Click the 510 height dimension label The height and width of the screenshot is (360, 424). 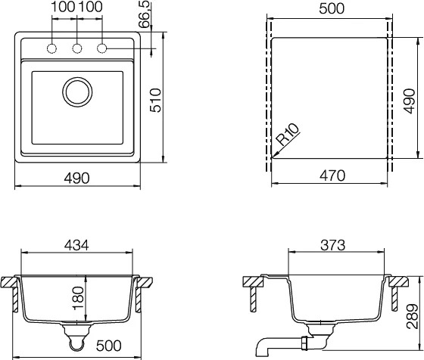pyautogui.click(x=155, y=100)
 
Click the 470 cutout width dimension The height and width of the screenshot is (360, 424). pyautogui.click(x=332, y=175)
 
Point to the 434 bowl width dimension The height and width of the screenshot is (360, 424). pyautogui.click(x=76, y=245)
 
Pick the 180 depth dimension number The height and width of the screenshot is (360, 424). pyautogui.click(x=78, y=299)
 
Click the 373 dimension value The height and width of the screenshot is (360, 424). pyautogui.click(x=333, y=246)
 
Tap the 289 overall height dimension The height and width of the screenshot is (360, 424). pyautogui.click(x=413, y=317)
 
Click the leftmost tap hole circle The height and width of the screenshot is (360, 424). pyautogui.click(x=51, y=48)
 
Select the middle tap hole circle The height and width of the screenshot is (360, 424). pyautogui.click(x=77, y=48)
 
